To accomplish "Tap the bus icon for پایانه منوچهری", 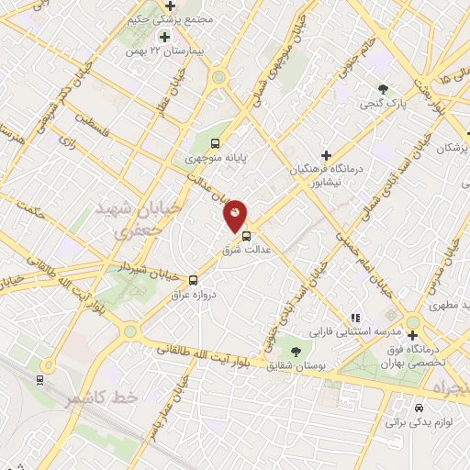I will coord(216,143).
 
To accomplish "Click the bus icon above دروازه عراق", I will coord(193,279).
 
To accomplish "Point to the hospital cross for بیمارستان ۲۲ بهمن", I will coord(164,37).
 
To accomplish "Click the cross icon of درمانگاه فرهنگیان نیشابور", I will coord(326,154).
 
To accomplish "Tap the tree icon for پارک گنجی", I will coord(384,89).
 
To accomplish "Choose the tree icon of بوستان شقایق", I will coord(296,351).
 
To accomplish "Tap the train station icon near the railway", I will coord(39,379).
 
